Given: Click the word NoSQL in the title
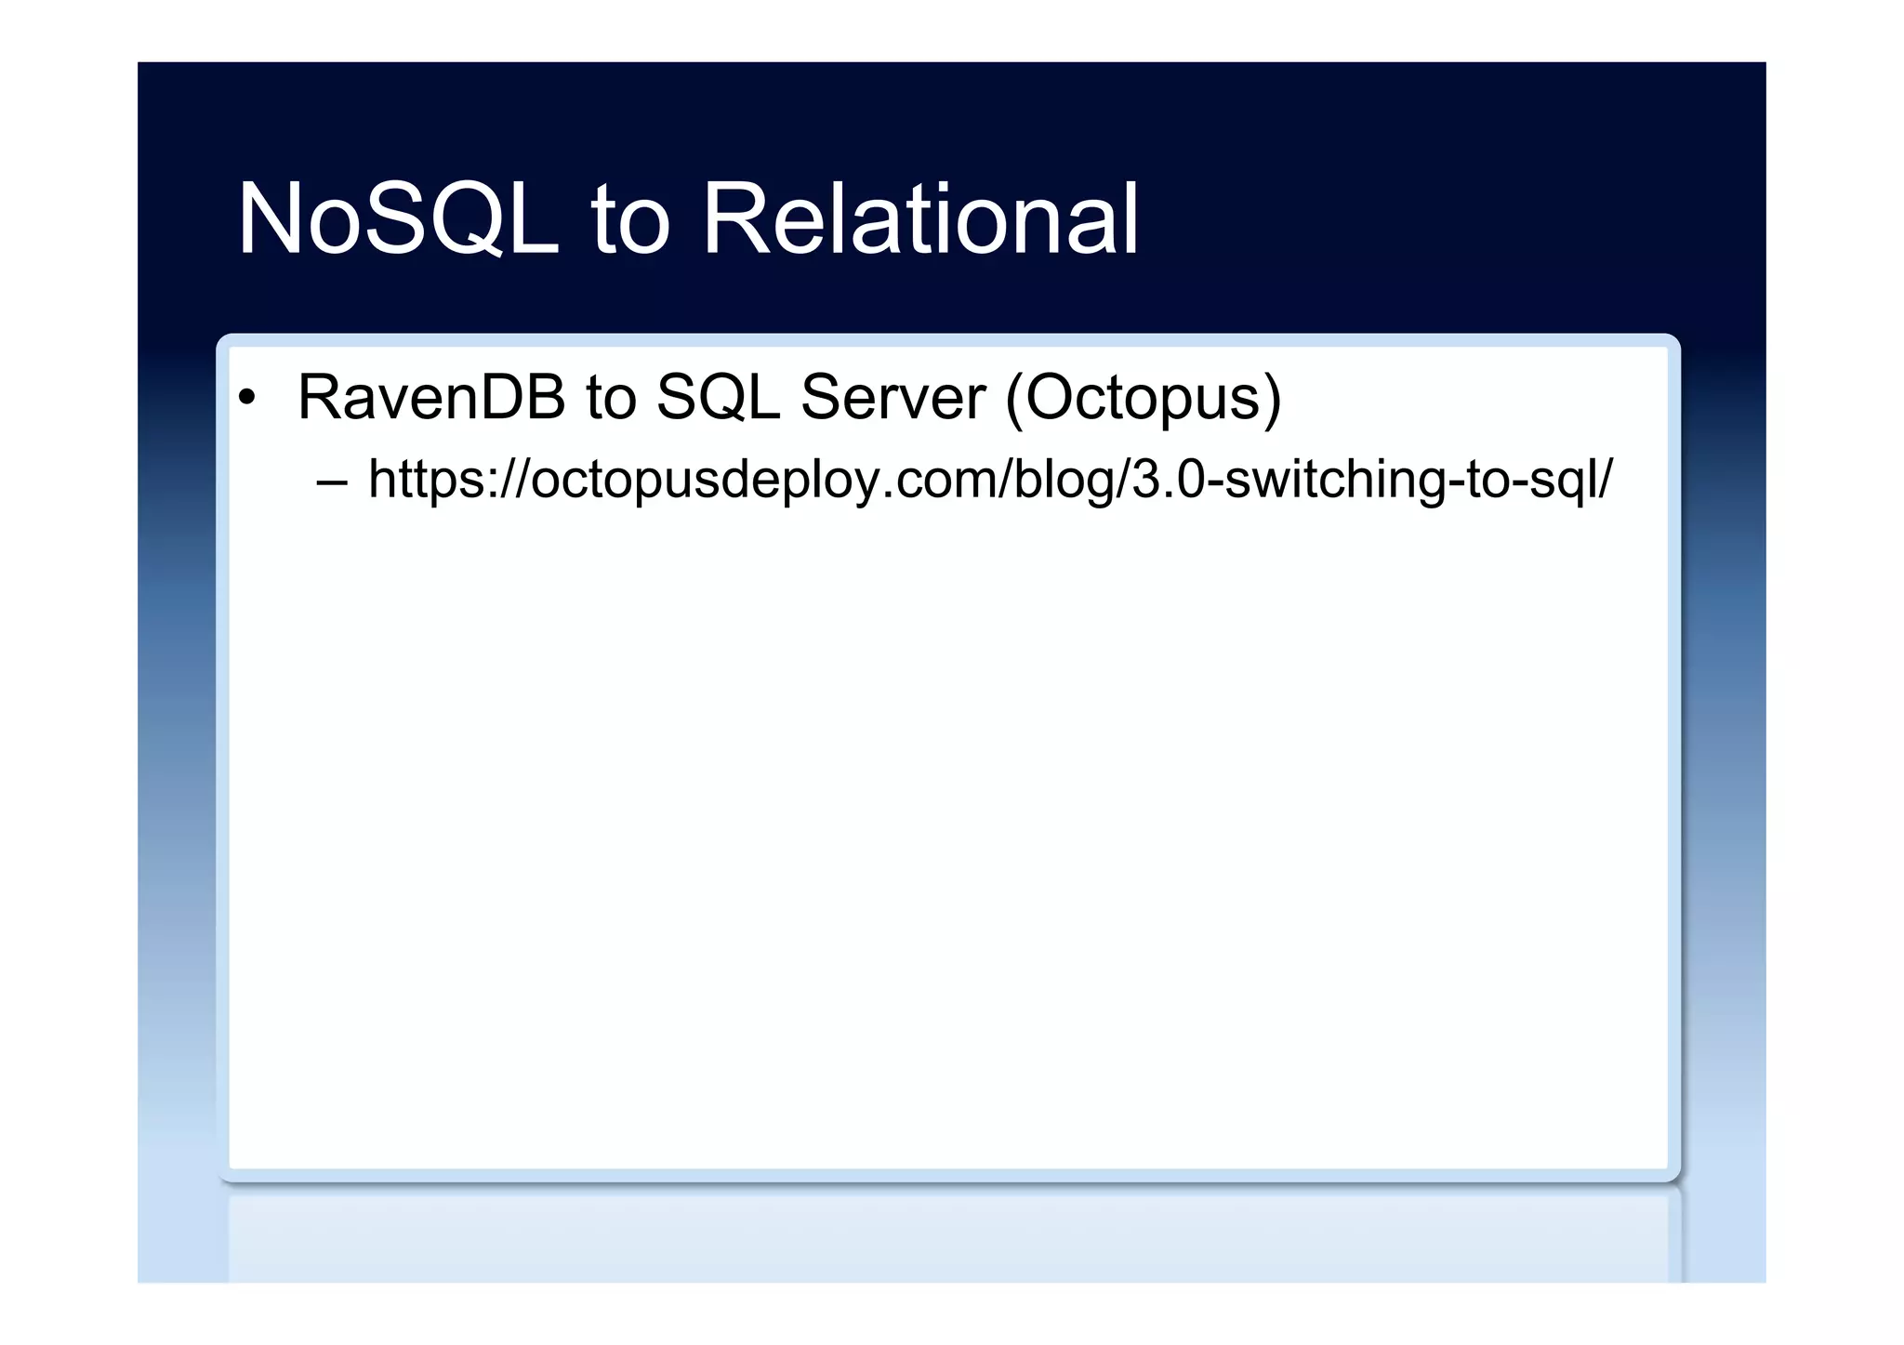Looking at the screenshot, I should pos(398,219).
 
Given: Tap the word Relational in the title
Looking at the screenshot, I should pos(919,219).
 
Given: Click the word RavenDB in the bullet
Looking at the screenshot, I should pos(430,398).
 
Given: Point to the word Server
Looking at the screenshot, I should pos(892,398).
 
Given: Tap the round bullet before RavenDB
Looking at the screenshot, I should pos(245,399).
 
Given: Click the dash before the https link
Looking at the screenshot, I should pos(331,482).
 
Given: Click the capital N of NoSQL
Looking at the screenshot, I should pos(270,219).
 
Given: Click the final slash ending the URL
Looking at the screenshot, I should pos(1606,480).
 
